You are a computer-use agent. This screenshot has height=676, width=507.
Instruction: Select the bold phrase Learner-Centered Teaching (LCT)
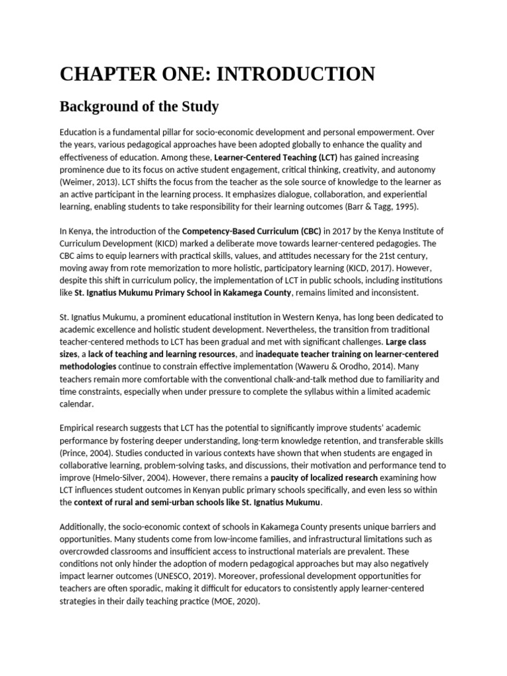point(276,157)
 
